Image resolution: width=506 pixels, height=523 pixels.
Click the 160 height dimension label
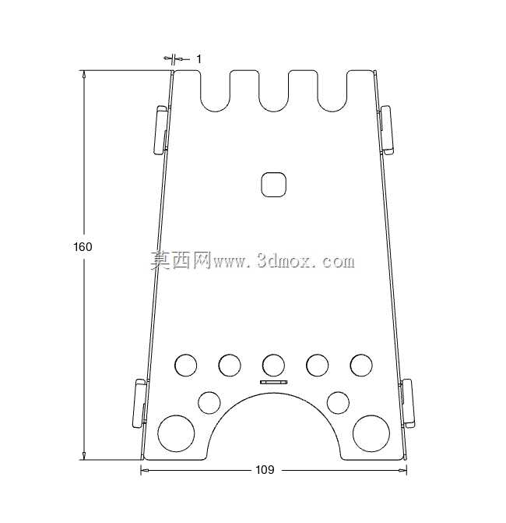click(x=83, y=247)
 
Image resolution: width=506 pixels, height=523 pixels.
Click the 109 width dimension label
click(x=265, y=470)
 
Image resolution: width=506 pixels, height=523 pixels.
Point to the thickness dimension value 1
click(x=199, y=59)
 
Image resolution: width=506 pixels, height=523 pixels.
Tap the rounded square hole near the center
click(x=273, y=185)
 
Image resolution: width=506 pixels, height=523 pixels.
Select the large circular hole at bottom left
click(x=176, y=433)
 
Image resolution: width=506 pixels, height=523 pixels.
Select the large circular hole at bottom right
click(x=371, y=433)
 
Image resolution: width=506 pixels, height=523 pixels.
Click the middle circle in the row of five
click(x=273, y=366)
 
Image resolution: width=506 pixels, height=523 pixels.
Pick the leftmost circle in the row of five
click(x=185, y=366)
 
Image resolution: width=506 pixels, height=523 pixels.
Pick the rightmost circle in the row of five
click(x=361, y=366)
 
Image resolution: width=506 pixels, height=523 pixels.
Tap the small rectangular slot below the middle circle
click(x=273, y=382)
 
